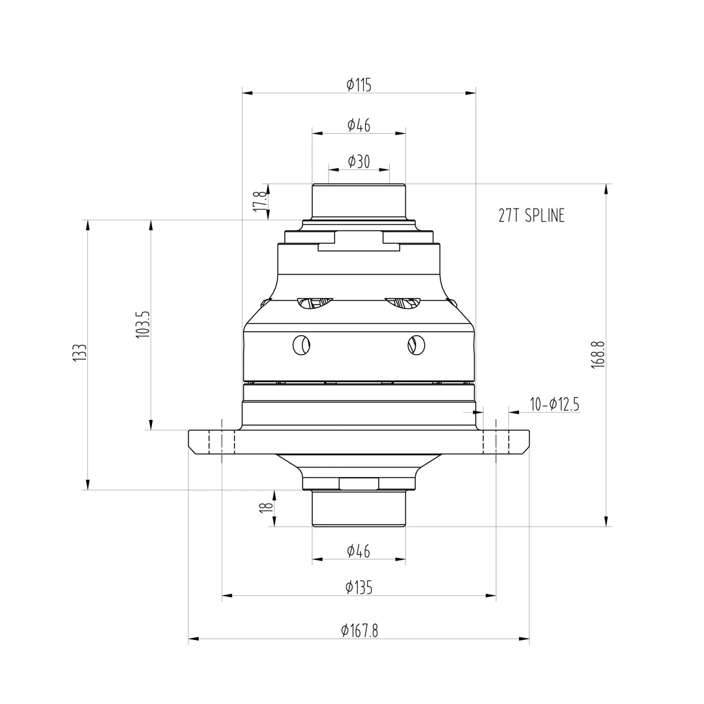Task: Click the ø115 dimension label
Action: [x=359, y=85]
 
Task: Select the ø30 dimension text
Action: [x=359, y=162]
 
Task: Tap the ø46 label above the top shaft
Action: [x=359, y=125]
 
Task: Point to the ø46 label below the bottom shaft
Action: [x=359, y=551]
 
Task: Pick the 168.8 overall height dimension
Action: [x=598, y=355]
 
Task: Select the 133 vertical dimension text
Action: [x=80, y=355]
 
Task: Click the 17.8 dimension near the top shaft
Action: [x=259, y=201]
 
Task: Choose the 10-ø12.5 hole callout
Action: [x=554, y=405]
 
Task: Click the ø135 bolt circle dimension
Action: [x=359, y=587]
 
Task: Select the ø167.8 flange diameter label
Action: [x=359, y=630]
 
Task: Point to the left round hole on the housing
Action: [x=302, y=345]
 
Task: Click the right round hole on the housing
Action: [x=415, y=345]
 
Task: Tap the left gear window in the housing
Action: [x=314, y=302]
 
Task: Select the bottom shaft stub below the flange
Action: [x=359, y=508]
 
